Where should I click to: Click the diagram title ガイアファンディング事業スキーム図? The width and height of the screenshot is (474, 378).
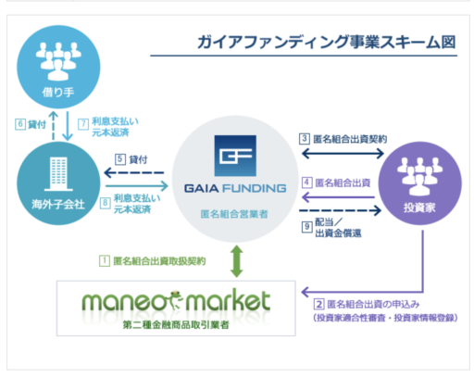(x=327, y=42)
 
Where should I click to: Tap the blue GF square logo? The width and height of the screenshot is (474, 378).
(x=235, y=156)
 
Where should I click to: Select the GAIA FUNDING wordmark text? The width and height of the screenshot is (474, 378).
(x=235, y=188)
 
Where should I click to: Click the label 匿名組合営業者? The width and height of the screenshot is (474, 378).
(x=234, y=214)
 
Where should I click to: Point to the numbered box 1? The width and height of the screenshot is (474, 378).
(x=105, y=261)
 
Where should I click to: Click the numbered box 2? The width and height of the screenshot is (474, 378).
(x=318, y=304)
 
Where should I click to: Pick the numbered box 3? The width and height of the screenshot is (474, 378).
(x=305, y=139)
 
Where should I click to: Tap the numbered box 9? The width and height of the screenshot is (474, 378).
(x=306, y=227)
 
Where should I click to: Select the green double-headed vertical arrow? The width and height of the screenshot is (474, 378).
(x=237, y=261)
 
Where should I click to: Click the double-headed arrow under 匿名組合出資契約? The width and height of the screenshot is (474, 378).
(x=343, y=154)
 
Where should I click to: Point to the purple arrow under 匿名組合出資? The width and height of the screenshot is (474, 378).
(x=338, y=197)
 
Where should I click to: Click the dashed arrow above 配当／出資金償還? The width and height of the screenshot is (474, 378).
(x=340, y=210)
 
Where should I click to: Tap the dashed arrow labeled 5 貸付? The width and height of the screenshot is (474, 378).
(x=134, y=172)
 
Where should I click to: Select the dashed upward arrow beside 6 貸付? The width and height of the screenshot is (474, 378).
(x=54, y=125)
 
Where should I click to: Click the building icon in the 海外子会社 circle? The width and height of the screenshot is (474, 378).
(x=58, y=174)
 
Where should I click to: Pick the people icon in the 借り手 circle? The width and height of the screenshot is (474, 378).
(x=58, y=61)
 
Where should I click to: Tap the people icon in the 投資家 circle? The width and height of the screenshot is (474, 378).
(x=419, y=175)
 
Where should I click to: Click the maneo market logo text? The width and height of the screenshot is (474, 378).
(x=176, y=301)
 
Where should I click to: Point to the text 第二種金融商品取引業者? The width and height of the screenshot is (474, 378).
(x=176, y=325)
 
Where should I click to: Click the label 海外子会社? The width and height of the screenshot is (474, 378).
(x=58, y=204)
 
